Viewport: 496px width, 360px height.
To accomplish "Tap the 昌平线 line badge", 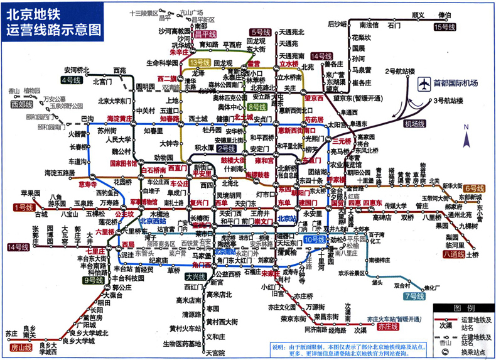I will tap(205, 34).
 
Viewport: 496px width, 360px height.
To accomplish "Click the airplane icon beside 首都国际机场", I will tap(423, 84).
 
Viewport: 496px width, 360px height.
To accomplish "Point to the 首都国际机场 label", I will tap(455, 83).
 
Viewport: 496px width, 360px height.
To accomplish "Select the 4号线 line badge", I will tap(71, 80).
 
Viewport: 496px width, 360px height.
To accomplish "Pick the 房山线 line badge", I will tap(21, 347).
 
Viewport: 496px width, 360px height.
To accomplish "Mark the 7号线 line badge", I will tap(415, 295).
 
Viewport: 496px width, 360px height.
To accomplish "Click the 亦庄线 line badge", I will tap(385, 327).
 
